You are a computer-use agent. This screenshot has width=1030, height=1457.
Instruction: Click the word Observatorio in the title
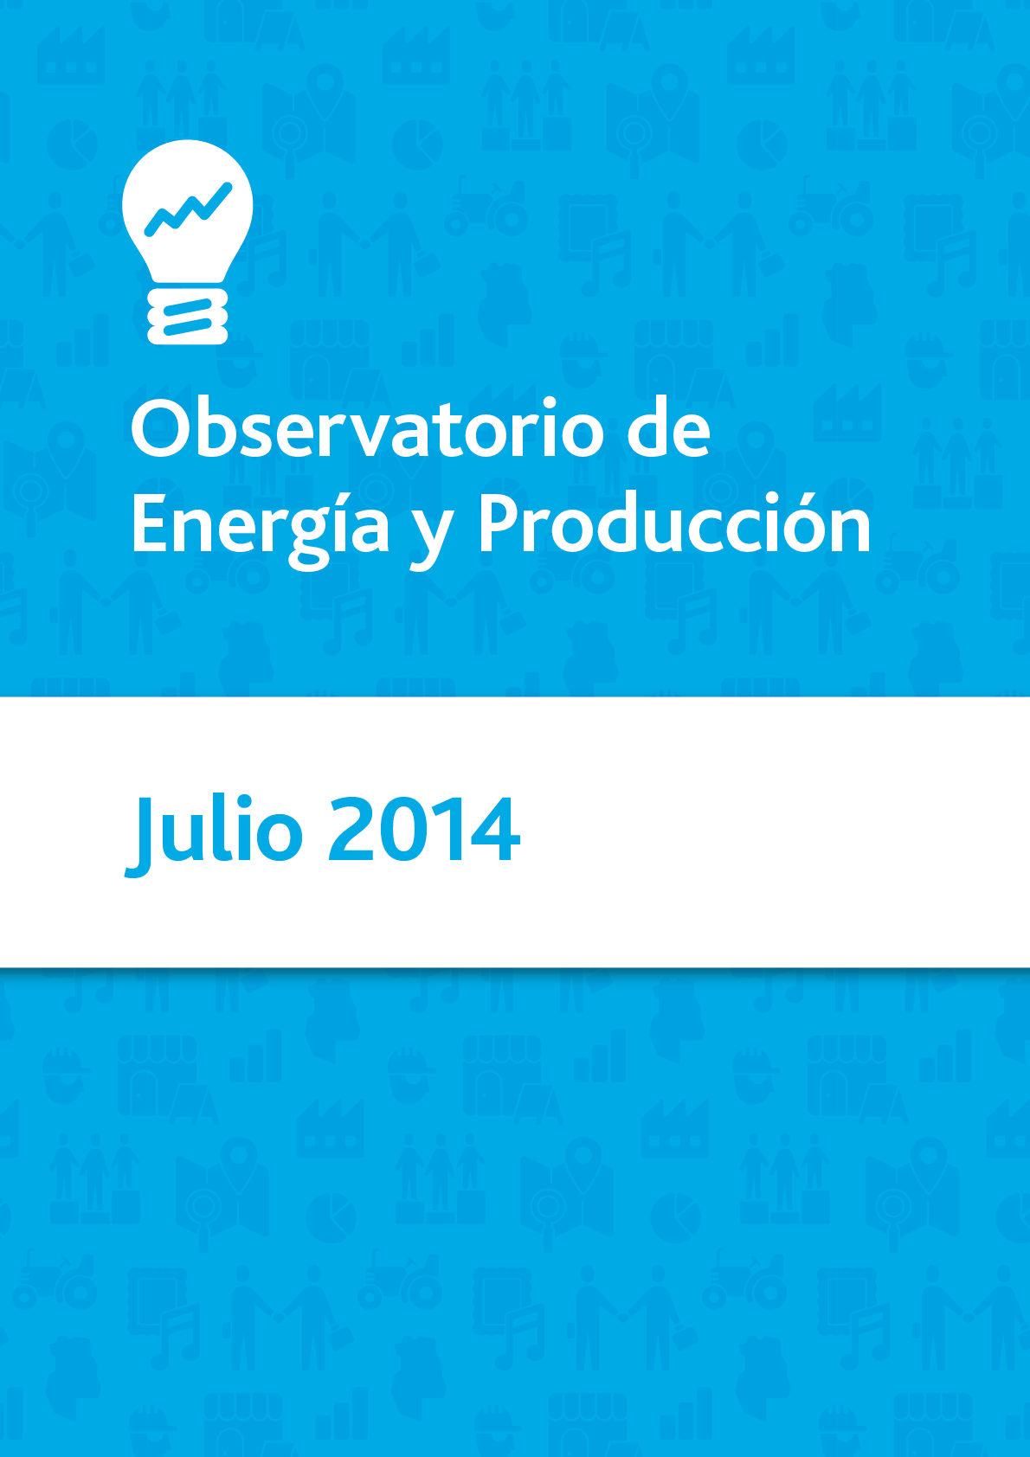[x=368, y=427]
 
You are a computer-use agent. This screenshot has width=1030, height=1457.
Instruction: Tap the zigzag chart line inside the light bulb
[x=188, y=209]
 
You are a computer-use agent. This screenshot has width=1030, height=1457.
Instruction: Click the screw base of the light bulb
[x=188, y=316]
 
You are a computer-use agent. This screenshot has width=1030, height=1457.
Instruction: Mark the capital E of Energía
[x=150, y=523]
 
